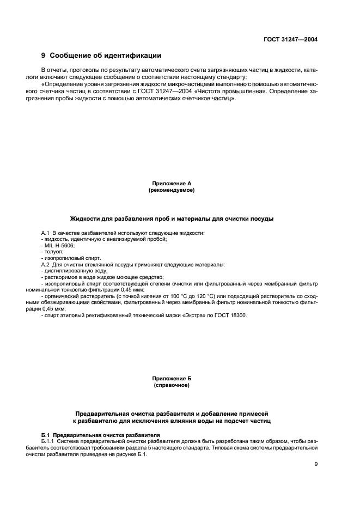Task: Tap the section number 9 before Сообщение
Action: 44,56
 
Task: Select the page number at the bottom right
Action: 316,464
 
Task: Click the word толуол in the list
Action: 53,252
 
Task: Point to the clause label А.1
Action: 45,233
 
